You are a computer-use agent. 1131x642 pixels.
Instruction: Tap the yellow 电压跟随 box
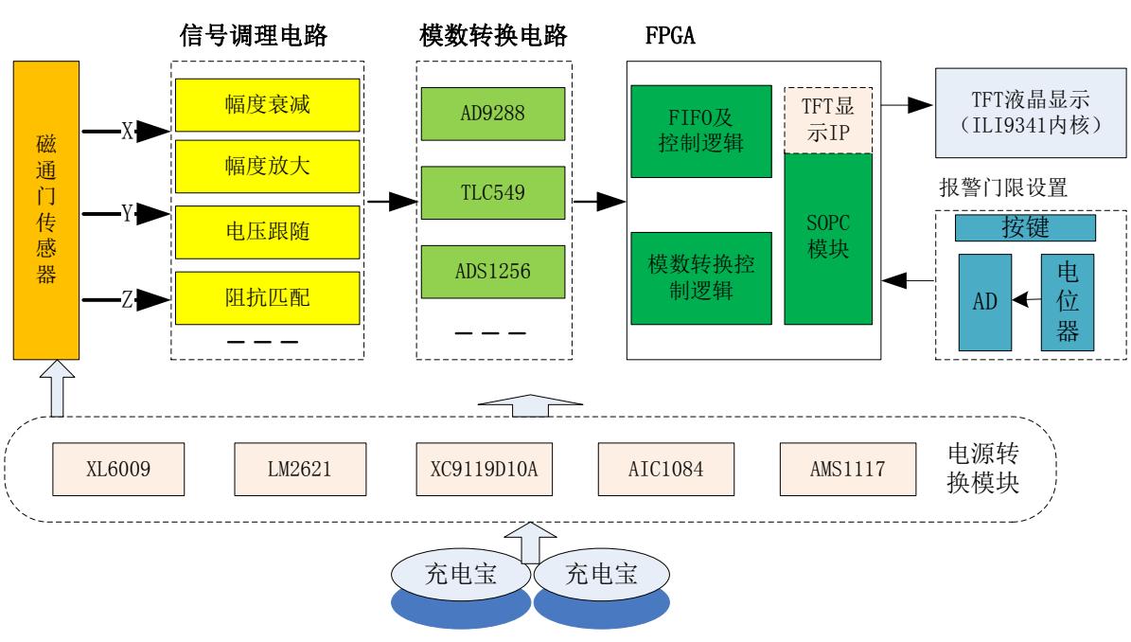268,228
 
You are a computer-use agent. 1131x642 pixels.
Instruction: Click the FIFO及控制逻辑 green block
699,132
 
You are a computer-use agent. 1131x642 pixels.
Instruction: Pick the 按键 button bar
1024,227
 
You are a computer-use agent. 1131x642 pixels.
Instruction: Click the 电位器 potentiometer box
1068,299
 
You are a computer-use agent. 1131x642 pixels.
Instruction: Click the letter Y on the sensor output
126,215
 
